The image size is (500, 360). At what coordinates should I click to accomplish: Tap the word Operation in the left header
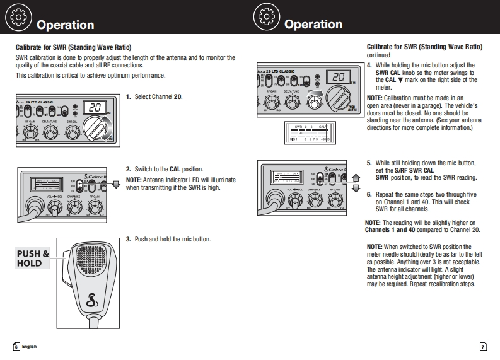tap(66, 25)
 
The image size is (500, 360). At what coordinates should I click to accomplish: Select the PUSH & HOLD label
tap(29, 258)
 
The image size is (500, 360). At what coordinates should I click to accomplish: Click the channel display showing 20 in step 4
tap(337, 78)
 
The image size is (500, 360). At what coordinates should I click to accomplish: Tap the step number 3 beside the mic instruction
tap(128, 239)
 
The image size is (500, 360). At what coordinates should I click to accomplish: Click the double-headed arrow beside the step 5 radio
tap(355, 182)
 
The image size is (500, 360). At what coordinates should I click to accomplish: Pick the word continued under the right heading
tap(379, 55)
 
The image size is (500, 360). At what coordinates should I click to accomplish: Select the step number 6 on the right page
tap(369, 194)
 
